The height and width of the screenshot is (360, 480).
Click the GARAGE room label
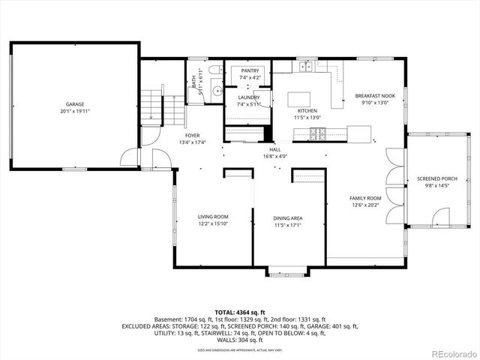(73, 104)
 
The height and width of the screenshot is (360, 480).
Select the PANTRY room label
(250, 70)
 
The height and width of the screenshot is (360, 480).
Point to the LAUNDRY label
(249, 97)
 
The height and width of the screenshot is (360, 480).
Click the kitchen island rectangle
(299, 99)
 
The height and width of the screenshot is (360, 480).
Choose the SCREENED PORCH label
(433, 178)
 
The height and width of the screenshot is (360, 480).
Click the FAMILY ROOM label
(365, 198)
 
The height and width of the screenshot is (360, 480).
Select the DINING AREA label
(287, 218)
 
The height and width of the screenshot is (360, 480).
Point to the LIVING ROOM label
(213, 217)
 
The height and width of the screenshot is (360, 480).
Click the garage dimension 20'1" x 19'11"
(73, 111)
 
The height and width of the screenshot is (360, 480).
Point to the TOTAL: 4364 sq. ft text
(240, 311)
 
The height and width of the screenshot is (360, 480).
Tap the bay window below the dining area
(287, 272)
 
